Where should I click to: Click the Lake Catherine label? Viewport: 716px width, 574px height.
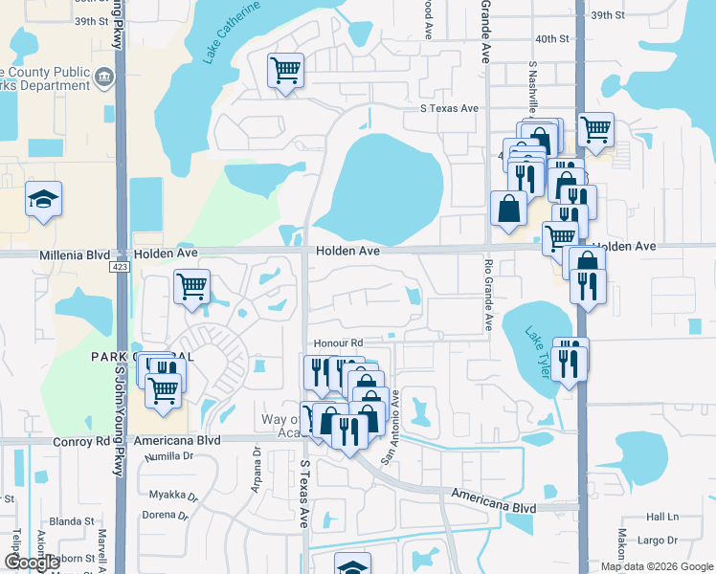231,33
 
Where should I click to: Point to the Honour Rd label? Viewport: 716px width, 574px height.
338,342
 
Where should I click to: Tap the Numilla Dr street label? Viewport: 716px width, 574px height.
168,457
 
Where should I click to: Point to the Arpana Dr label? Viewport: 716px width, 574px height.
257,490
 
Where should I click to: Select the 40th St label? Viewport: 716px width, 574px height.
552,38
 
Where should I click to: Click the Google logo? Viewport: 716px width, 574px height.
32,563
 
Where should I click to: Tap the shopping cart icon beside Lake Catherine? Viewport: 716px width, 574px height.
285,69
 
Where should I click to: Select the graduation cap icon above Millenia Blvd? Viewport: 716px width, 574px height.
43,198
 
